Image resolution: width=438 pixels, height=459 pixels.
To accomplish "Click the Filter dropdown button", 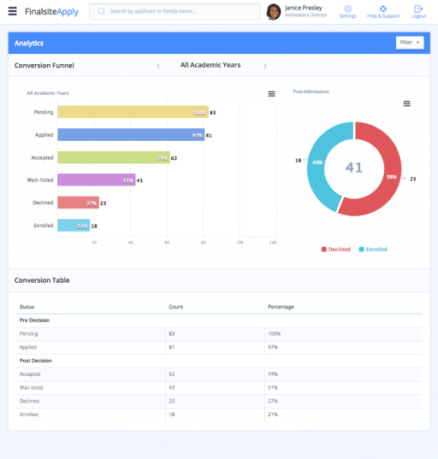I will (x=409, y=43).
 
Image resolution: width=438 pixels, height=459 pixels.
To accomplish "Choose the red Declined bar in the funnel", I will (x=78, y=203).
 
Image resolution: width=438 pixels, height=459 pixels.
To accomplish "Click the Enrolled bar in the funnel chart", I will (x=74, y=226).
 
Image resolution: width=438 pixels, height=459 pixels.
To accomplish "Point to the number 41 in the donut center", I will (x=354, y=168).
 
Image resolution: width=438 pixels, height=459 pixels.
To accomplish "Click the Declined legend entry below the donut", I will (x=335, y=249).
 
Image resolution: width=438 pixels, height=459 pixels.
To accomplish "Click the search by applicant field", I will (x=175, y=12).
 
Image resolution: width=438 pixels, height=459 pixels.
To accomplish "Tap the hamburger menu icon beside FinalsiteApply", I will (x=12, y=12).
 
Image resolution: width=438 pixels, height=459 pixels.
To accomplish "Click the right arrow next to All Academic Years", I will (x=265, y=66).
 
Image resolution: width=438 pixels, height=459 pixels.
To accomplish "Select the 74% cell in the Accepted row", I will (x=273, y=374).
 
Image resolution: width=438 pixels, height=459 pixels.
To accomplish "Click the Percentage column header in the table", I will (x=281, y=306).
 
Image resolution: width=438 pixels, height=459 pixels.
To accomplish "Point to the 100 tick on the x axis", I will (x=240, y=243).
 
